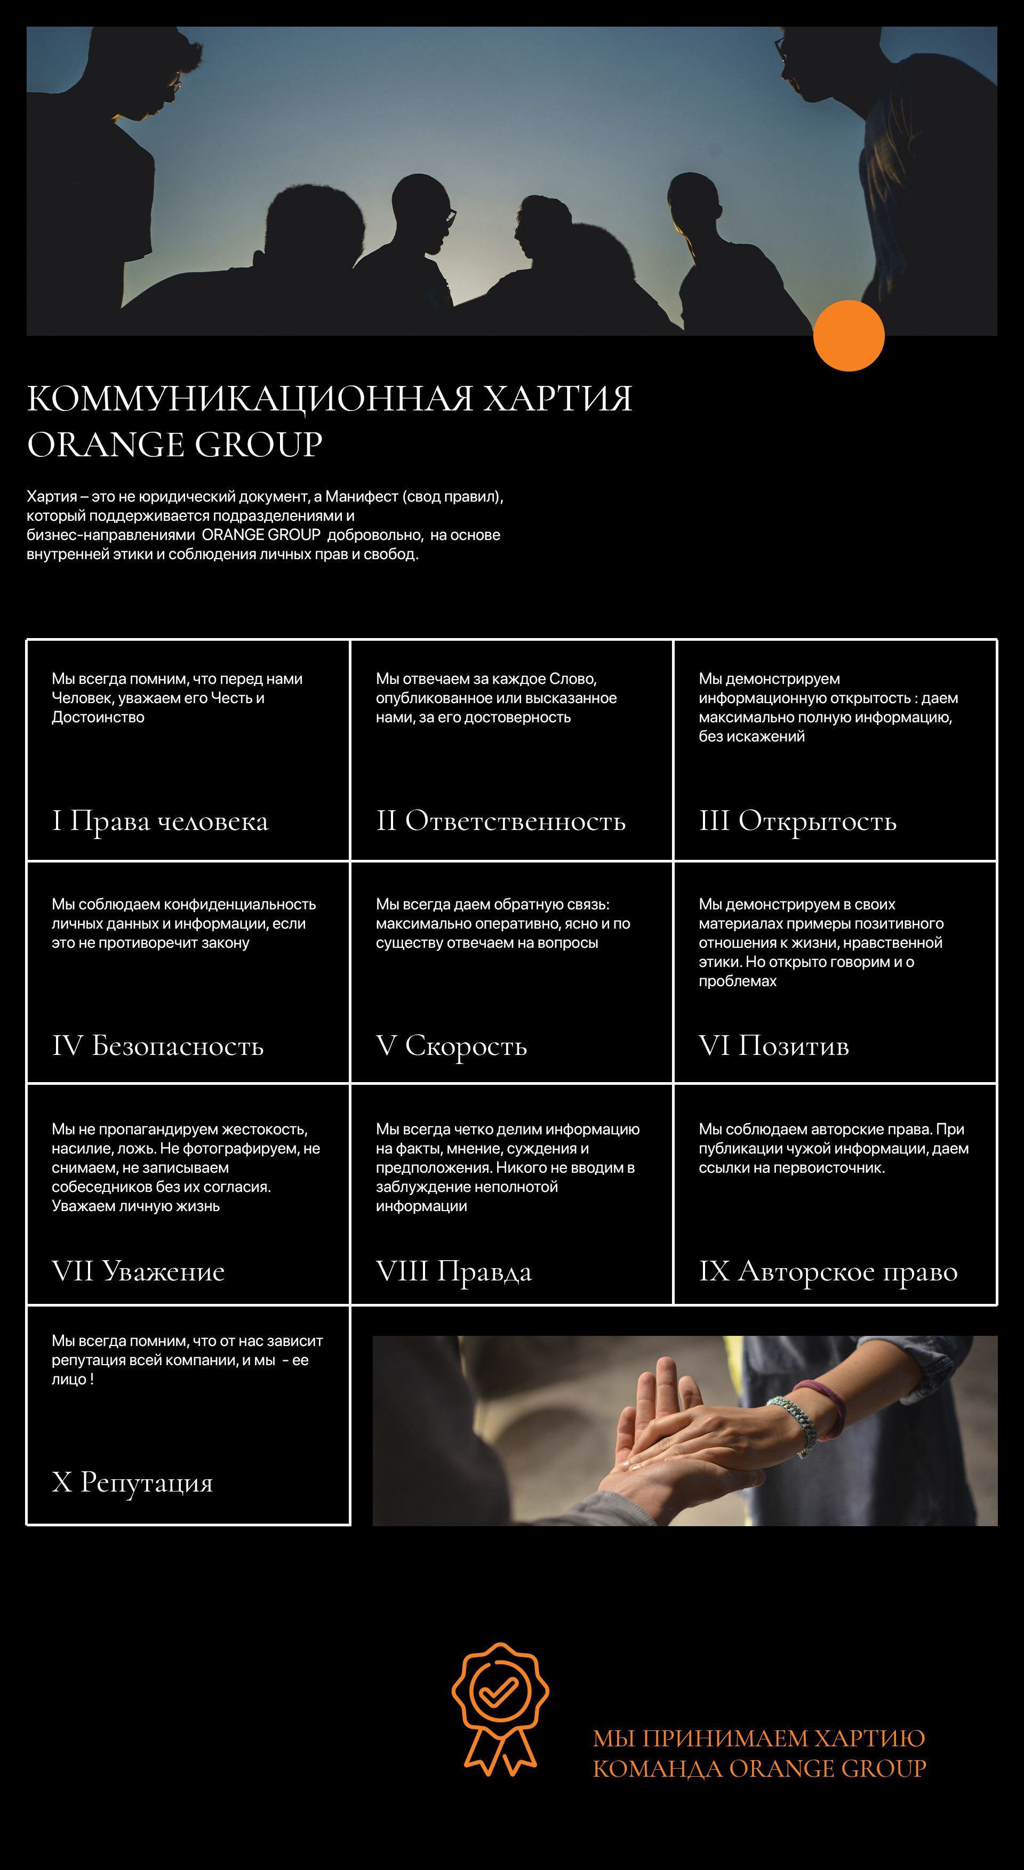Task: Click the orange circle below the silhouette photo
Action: click(x=848, y=335)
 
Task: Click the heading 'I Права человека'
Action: click(x=160, y=821)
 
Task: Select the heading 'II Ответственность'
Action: click(x=500, y=821)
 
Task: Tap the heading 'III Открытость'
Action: click(x=797, y=821)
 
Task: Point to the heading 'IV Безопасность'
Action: click(x=157, y=1046)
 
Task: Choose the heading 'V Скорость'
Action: click(x=451, y=1046)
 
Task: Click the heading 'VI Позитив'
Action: click(x=773, y=1046)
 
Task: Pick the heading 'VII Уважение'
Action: click(x=138, y=1271)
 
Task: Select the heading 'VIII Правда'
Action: click(x=453, y=1271)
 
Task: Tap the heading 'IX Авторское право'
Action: click(x=828, y=1271)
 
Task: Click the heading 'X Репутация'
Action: click(x=132, y=1481)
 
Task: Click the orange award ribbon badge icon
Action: click(x=500, y=1708)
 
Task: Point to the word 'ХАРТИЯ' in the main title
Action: click(x=558, y=399)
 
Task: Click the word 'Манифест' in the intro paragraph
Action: click(x=361, y=496)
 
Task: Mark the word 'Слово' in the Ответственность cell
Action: click(x=572, y=679)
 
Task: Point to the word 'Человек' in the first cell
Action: click(x=80, y=698)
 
